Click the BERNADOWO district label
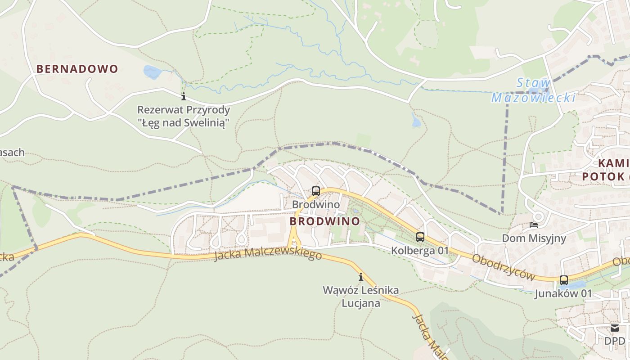77,69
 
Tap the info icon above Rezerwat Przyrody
183,96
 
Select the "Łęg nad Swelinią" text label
183,122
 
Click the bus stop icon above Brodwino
315,191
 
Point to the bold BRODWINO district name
324,221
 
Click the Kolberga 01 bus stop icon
420,237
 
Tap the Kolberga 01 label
420,250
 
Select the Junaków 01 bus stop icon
563,280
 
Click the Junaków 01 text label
563,294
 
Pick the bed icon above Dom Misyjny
534,225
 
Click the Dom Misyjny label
534,238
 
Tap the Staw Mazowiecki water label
533,90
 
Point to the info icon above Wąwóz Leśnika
360,277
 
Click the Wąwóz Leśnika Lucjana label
360,296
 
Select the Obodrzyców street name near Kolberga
504,267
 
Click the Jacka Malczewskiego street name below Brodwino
268,255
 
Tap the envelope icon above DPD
615,328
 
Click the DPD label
615,341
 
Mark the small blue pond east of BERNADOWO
152,72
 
